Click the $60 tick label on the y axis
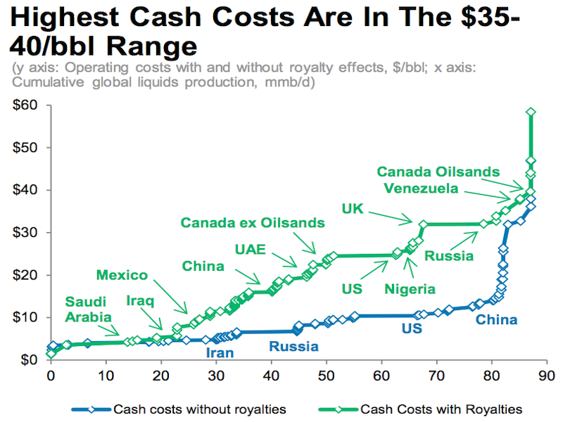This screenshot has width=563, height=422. click(26, 105)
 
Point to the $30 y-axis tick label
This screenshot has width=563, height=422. click(26, 233)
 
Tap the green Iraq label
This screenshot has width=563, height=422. click(140, 300)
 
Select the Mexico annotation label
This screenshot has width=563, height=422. click(122, 275)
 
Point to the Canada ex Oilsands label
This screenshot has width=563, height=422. click(253, 223)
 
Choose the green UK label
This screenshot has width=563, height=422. click(353, 209)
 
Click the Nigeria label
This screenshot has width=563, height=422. click(410, 288)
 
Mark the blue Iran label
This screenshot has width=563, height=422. click(220, 353)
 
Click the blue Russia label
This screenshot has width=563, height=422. click(293, 346)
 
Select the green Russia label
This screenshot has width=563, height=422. click(448, 256)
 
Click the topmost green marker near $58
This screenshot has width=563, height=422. click(531, 112)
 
